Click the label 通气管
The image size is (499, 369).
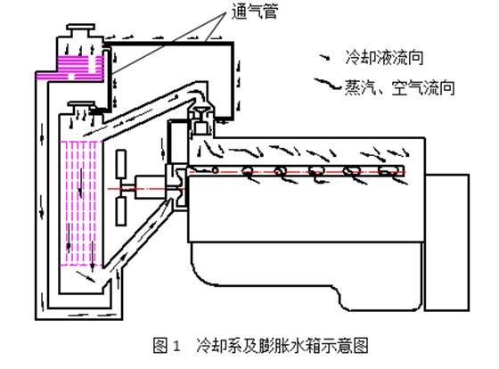[x=255, y=12]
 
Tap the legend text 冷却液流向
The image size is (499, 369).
[x=384, y=58]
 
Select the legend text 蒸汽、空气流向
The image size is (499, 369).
[x=400, y=87]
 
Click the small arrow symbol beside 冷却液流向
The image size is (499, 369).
[x=325, y=58]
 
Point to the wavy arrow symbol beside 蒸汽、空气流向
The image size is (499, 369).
[x=328, y=84]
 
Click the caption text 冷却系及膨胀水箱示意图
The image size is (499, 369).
[x=282, y=346]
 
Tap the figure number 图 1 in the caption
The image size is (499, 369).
[x=166, y=346]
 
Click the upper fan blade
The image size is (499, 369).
[x=121, y=164]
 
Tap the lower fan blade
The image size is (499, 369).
[x=121, y=210]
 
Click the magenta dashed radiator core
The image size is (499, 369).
[x=80, y=203]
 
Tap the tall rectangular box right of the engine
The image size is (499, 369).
[x=446, y=242]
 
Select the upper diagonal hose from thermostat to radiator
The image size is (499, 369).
[x=150, y=110]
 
